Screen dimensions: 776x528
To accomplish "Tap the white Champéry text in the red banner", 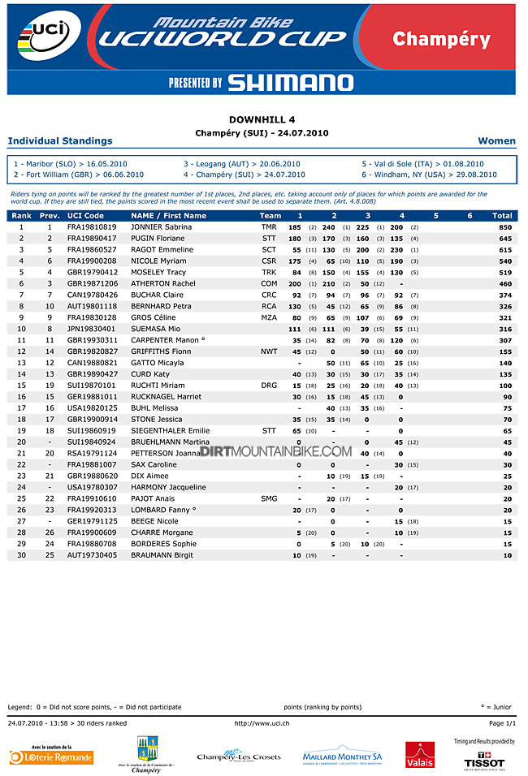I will click(x=441, y=39).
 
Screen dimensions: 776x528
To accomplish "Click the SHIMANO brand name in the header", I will click(x=290, y=82).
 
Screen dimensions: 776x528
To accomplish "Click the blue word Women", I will click(x=497, y=141).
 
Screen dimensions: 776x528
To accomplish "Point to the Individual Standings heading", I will click(x=60, y=141).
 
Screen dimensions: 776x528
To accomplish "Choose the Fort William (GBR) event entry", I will click(x=80, y=175).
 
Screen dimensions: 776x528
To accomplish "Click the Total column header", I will click(x=502, y=216).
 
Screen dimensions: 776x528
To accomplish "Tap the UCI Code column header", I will click(x=85, y=216).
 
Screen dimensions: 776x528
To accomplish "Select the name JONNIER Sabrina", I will click(x=162, y=227).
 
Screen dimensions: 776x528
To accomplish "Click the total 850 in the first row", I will click(x=505, y=227).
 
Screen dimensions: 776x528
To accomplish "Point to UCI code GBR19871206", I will click(x=93, y=284).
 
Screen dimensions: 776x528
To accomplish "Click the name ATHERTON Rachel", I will click(x=163, y=284).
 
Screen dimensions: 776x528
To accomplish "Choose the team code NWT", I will click(x=269, y=351).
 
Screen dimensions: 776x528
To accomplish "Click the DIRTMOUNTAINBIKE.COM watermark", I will click(x=275, y=451).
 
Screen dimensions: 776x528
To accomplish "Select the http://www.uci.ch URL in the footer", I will click(x=263, y=722).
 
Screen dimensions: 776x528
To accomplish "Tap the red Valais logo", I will click(x=420, y=755).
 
